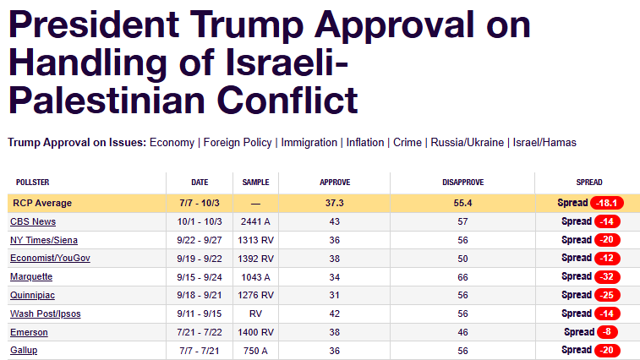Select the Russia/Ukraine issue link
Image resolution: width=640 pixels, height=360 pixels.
pyautogui.click(x=468, y=143)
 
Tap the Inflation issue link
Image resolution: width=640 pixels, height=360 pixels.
pyautogui.click(x=364, y=143)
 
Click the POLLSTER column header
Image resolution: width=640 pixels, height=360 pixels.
pyautogui.click(x=33, y=183)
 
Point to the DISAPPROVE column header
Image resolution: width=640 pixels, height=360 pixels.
pyautogui.click(x=462, y=183)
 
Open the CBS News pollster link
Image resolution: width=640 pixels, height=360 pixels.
pyautogui.click(x=33, y=221)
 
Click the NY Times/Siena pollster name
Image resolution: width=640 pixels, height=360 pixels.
pyautogui.click(x=44, y=240)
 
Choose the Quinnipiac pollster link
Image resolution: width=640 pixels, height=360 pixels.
pyautogui.click(x=34, y=295)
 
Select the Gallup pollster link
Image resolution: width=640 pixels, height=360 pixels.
pyautogui.click(x=24, y=351)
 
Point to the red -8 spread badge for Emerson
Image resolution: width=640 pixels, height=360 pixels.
pyautogui.click(x=607, y=332)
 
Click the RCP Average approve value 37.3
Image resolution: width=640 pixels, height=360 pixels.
pyautogui.click(x=335, y=203)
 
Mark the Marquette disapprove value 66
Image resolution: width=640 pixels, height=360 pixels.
pyautogui.click(x=462, y=276)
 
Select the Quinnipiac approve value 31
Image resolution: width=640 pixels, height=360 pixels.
pyautogui.click(x=335, y=295)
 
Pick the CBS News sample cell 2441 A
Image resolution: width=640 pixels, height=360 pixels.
pyautogui.click(x=255, y=221)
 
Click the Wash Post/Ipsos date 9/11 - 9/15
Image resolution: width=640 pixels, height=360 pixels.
pyautogui.click(x=200, y=314)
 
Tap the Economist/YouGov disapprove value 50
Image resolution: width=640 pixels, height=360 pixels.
pyautogui.click(x=462, y=259)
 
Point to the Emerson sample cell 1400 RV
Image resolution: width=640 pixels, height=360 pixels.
pyautogui.click(x=255, y=332)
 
